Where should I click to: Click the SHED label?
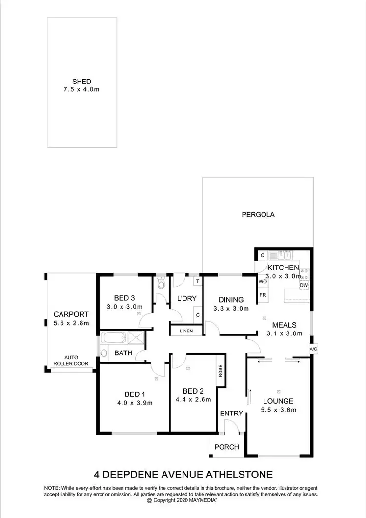(81, 82)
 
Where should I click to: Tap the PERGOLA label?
(258, 214)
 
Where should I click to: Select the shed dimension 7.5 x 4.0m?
(81, 90)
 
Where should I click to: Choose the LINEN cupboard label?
(186, 331)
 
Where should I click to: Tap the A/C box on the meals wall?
(313, 350)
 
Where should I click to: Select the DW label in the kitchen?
(304, 285)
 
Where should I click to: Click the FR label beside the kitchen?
(263, 295)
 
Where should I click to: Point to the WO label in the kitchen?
(263, 282)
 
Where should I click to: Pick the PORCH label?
(227, 447)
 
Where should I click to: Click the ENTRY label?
(231, 414)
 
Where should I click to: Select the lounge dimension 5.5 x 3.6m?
(279, 410)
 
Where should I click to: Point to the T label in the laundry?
(197, 281)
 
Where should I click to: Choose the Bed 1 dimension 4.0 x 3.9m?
(135, 403)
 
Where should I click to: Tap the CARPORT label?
(71, 314)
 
